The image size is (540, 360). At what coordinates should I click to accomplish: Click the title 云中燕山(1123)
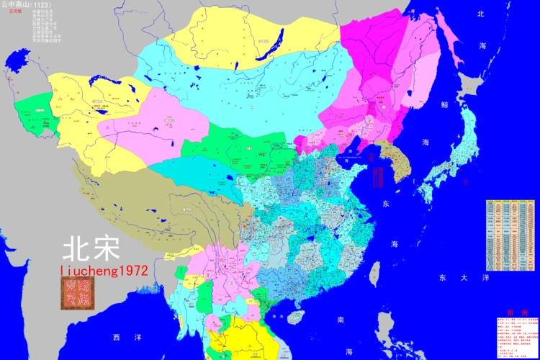point(26,4)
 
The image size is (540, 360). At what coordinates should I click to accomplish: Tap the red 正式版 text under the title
point(15,12)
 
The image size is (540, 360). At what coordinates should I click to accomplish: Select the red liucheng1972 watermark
point(105,270)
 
